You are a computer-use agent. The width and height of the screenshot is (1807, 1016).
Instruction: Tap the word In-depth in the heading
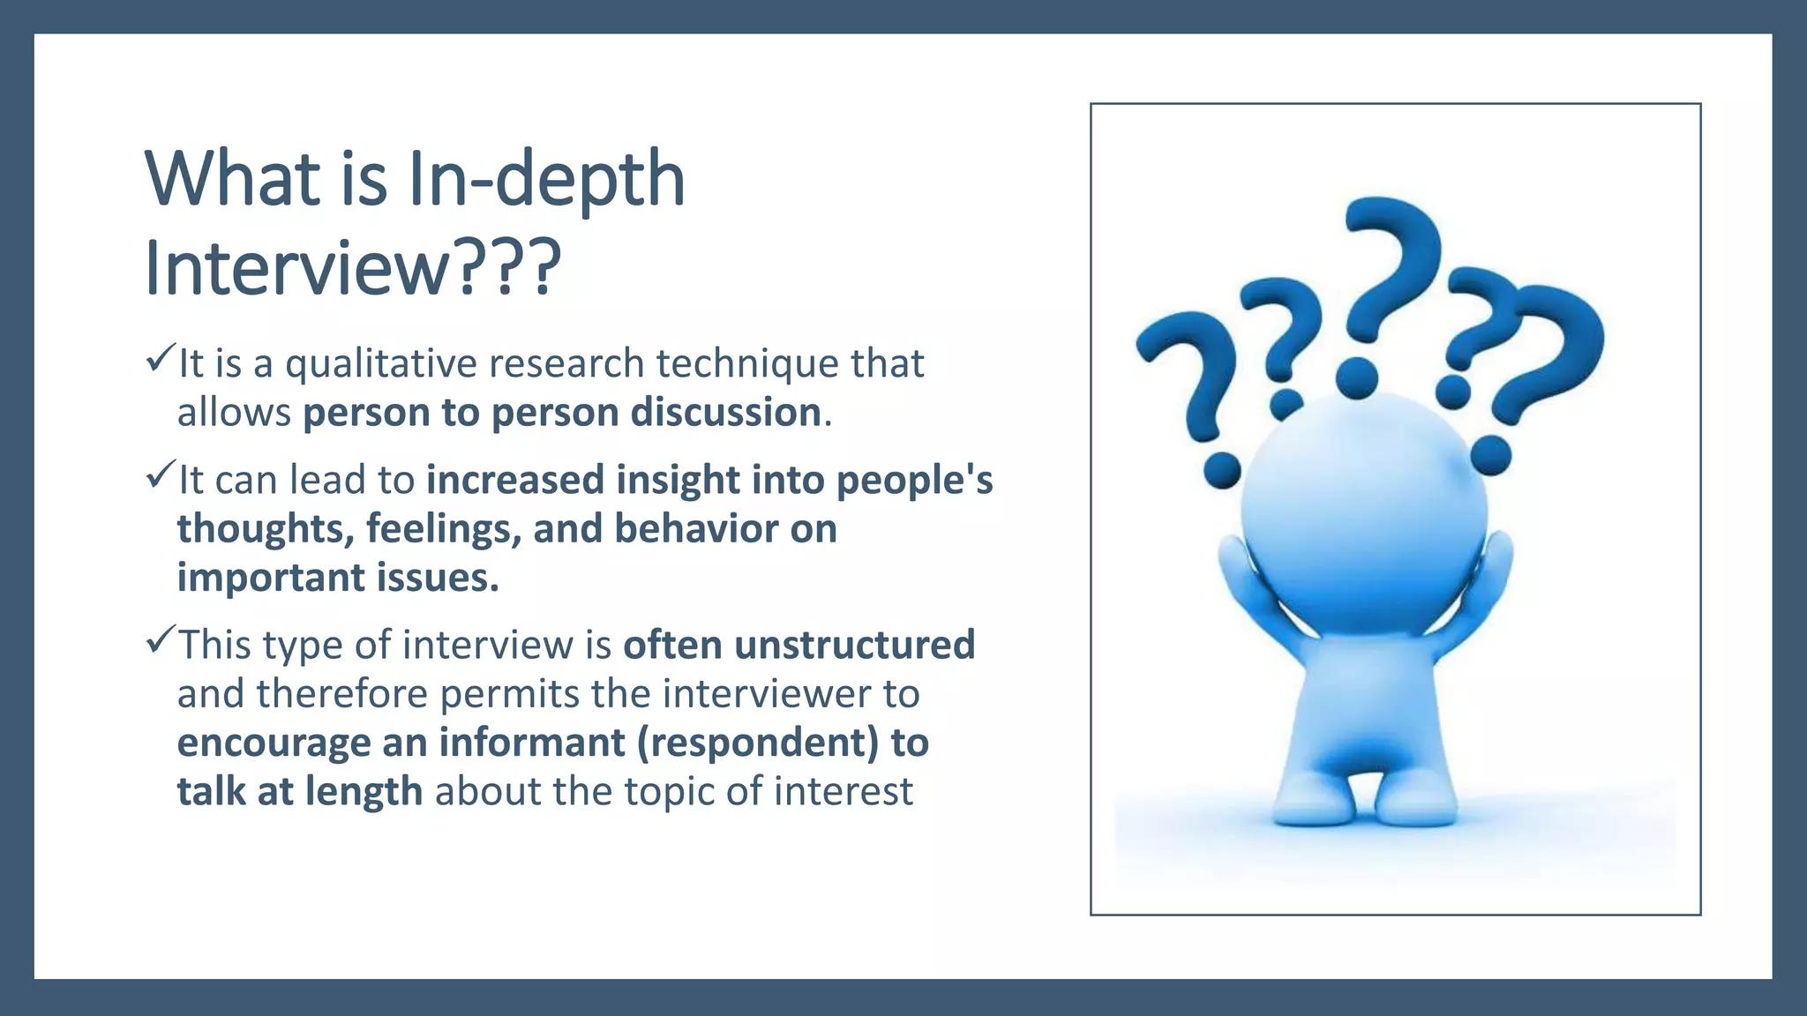coord(547,179)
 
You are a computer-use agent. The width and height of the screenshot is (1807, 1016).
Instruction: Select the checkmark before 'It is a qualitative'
coord(160,358)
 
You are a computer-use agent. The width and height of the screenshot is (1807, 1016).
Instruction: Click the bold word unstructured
coord(854,645)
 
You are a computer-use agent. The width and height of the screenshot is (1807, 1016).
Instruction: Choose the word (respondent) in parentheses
coord(757,743)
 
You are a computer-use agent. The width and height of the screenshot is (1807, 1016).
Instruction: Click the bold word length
coord(364,791)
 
